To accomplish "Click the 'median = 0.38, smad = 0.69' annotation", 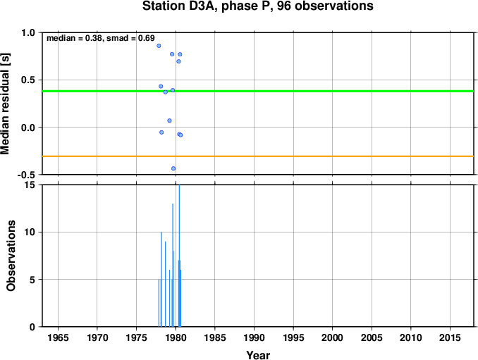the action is coord(101,38).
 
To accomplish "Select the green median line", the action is coord(258,91).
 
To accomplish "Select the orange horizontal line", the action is coord(258,156).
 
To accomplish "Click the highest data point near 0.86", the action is coord(159,46).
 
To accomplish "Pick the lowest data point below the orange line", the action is coord(173,168).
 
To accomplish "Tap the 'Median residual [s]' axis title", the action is coord(5,104).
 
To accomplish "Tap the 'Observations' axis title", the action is coord(11,256).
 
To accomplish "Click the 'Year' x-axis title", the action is coord(258,355).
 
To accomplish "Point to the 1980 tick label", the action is coord(176,337).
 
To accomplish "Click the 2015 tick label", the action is coord(450,337).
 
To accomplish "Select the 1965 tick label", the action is coord(58,337).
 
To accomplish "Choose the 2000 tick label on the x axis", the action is coord(332,337).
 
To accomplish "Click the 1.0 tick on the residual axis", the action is coord(28,32).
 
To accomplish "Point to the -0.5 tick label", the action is coord(26,175).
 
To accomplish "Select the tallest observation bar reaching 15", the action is coord(179,256).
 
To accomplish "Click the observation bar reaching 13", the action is coord(173,265).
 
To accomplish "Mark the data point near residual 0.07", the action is coord(169,120).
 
